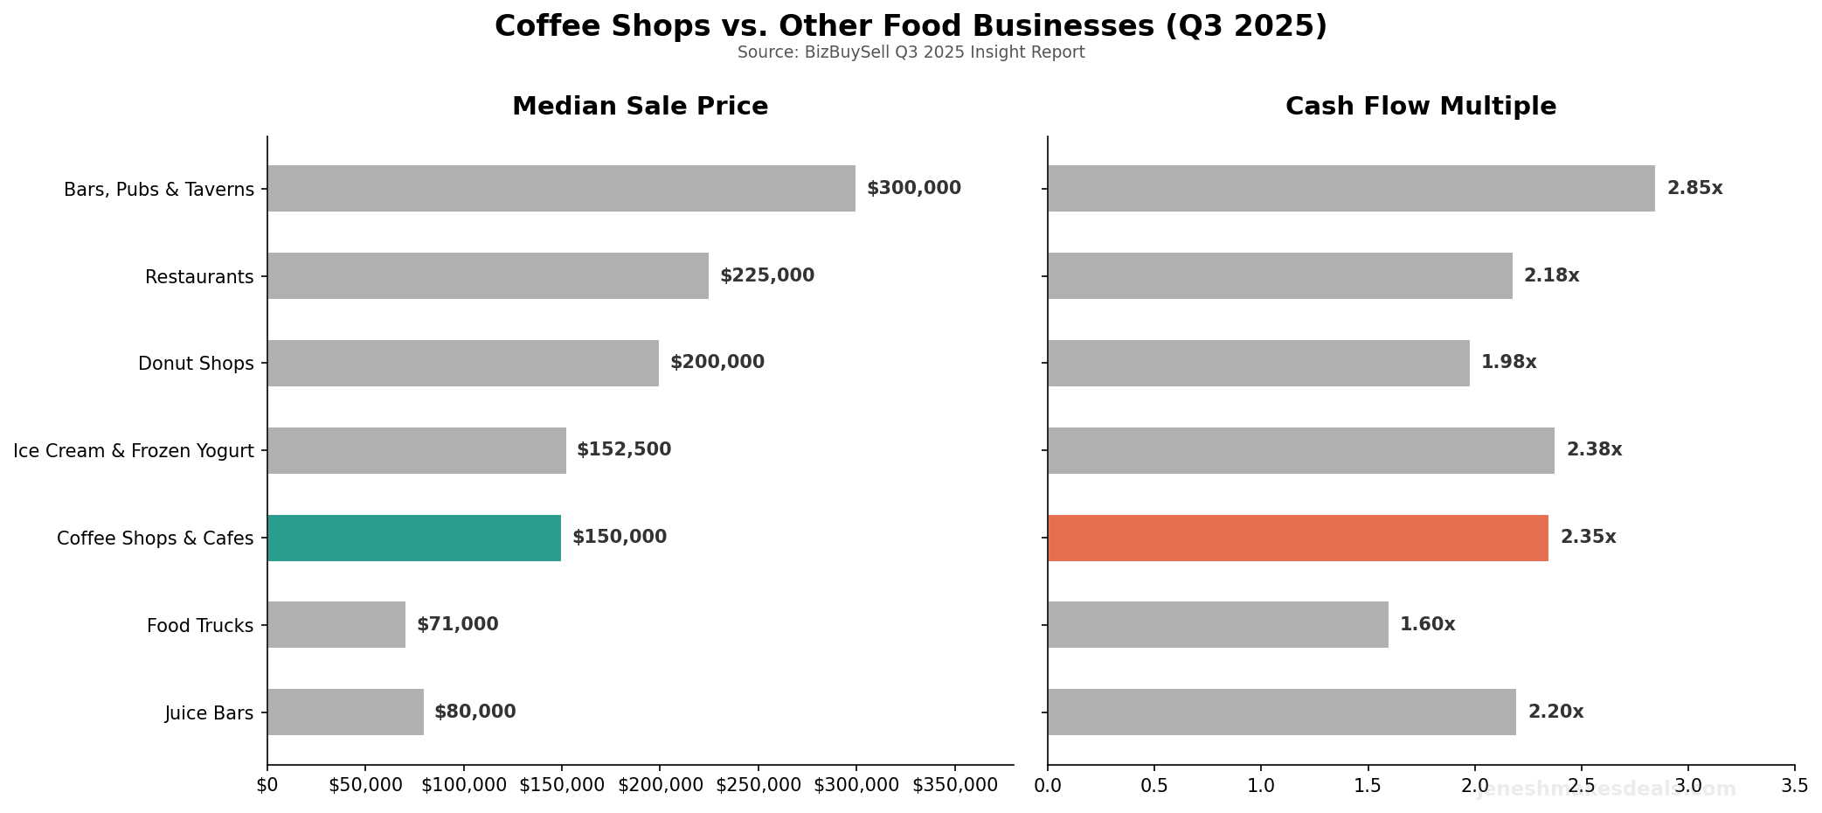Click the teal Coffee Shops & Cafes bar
pyautogui.click(x=414, y=538)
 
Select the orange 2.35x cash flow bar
pyautogui.click(x=1298, y=538)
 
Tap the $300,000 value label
pyautogui.click(x=913, y=188)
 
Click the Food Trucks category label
pyautogui.click(x=200, y=626)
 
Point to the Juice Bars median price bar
pyautogui.click(x=345, y=712)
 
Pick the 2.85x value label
pyautogui.click(x=1694, y=188)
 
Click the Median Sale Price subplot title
pyautogui.click(x=640, y=107)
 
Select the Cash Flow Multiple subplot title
pyautogui.click(x=1420, y=107)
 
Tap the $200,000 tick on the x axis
pyautogui.click(x=660, y=785)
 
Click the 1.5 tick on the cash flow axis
pyautogui.click(x=1368, y=785)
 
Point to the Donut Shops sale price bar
pyautogui.click(x=463, y=363)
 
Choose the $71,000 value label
pyautogui.click(x=457, y=624)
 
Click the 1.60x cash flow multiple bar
pyautogui.click(x=1217, y=624)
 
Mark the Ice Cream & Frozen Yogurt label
pyautogui.click(x=134, y=451)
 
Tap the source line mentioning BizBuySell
pyautogui.click(x=911, y=52)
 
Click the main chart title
pyautogui.click(x=911, y=26)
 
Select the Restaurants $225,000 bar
pyautogui.click(x=488, y=275)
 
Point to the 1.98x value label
pyautogui.click(x=1508, y=362)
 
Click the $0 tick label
pyautogui.click(x=267, y=785)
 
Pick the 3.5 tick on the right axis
pyautogui.click(x=1794, y=785)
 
